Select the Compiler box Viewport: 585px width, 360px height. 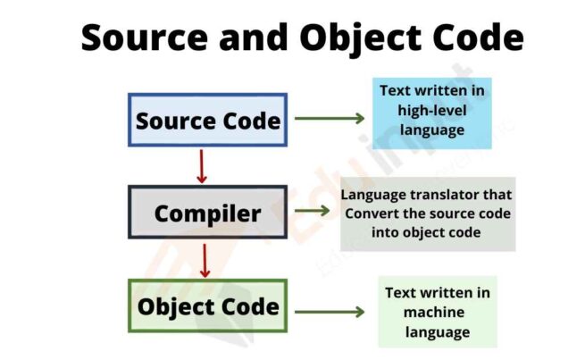[207, 213]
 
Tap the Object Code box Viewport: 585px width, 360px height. [207, 306]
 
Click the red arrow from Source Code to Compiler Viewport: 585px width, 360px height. [202, 166]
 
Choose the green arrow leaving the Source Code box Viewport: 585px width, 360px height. [329, 118]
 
